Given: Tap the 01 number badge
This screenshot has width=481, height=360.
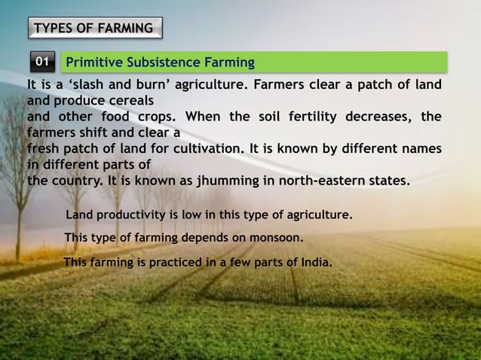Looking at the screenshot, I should click(x=44, y=61).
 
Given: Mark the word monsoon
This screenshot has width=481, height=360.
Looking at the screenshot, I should click(x=276, y=239).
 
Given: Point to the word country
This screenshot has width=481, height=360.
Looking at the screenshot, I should click(x=75, y=181).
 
